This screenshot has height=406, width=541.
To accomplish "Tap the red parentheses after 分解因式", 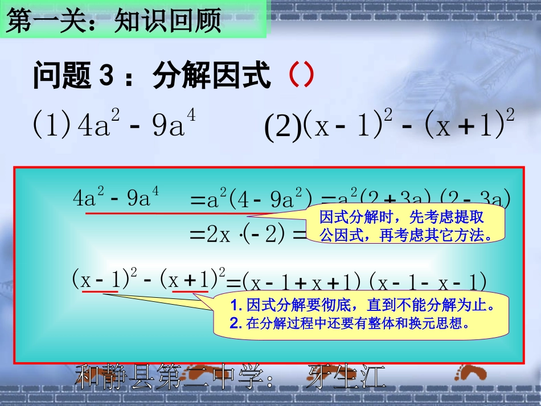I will (x=300, y=75).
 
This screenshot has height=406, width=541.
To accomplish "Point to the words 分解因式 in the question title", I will (x=211, y=76).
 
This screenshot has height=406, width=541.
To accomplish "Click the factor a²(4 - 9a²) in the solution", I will (x=259, y=200).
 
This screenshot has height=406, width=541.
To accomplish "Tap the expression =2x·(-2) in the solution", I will (x=242, y=234).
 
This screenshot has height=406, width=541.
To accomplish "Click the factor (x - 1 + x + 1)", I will (x=302, y=281).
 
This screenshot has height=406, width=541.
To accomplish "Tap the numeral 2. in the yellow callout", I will (x=236, y=324).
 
